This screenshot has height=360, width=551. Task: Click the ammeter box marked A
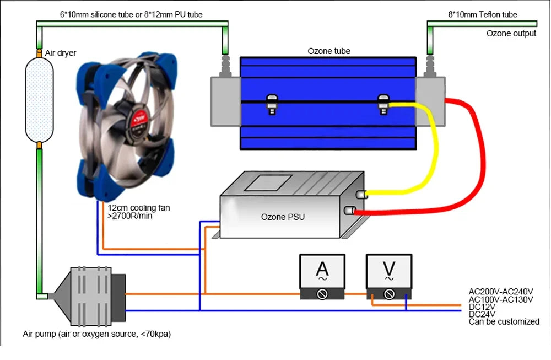pyautogui.click(x=322, y=276)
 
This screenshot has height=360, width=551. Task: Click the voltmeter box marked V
pyautogui.click(x=389, y=276)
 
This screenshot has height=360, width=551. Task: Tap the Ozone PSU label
pyautogui.click(x=283, y=217)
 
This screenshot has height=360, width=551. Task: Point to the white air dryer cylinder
pyautogui.click(x=40, y=99)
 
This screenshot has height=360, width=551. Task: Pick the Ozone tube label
pyautogui.click(x=328, y=51)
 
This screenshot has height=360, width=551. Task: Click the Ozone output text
pyautogui.click(x=511, y=34)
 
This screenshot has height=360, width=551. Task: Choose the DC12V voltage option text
pyautogui.click(x=482, y=307)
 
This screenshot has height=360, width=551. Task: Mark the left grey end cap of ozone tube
pyautogui.click(x=225, y=101)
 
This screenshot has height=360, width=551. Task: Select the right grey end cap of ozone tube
pyautogui.click(x=429, y=101)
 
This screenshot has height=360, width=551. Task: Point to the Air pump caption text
pyautogui.click(x=100, y=334)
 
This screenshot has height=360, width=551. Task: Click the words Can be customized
pyautogui.click(x=504, y=321)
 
